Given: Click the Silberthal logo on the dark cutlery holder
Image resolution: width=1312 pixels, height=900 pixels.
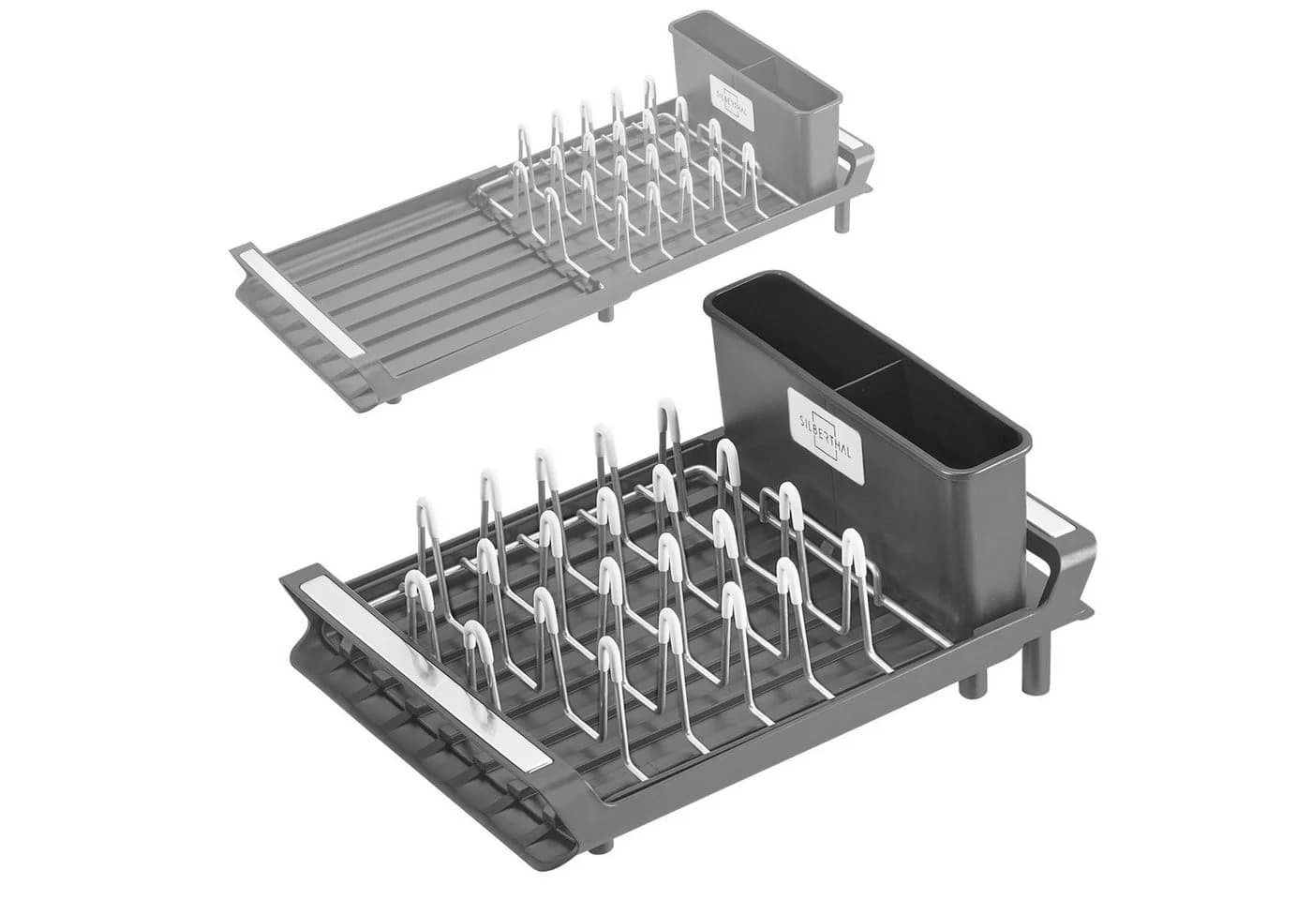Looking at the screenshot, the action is tap(826, 436).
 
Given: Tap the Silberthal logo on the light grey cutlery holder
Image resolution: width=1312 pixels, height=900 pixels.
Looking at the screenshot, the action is tap(732, 102).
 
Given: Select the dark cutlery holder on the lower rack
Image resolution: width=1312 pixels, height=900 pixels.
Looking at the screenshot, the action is tap(868, 445).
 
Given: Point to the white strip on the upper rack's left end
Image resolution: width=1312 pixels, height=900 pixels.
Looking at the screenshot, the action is tap(299, 302).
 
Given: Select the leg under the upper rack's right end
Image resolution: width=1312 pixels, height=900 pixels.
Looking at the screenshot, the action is tap(842, 216).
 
